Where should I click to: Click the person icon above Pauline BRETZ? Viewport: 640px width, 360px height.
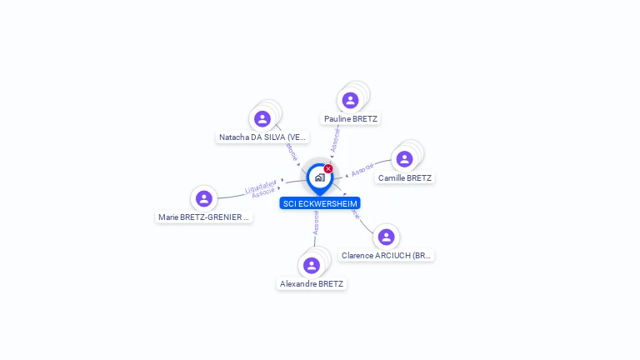tap(350, 100)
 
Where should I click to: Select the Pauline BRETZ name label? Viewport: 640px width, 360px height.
tap(351, 119)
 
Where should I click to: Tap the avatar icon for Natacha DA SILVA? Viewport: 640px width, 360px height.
tap(262, 119)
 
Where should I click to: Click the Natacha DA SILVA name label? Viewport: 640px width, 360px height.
tap(262, 137)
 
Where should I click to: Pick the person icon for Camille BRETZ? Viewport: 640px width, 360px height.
tap(404, 159)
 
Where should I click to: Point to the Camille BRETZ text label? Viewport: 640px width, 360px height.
tap(405, 178)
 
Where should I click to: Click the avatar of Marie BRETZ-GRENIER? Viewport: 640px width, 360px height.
tap(203, 198)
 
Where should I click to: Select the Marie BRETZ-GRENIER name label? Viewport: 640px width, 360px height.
tap(204, 217)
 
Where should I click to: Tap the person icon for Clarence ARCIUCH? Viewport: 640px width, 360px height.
tap(386, 237)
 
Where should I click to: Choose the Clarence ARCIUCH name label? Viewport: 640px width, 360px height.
tap(387, 256)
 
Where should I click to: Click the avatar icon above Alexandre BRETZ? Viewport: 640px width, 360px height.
tap(312, 265)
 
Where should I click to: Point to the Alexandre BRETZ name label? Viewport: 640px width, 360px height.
tap(312, 284)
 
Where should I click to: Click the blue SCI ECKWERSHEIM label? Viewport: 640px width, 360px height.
tap(320, 203)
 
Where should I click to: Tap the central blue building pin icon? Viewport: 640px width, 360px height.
tap(319, 177)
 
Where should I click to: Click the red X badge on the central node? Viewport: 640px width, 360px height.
tap(328, 169)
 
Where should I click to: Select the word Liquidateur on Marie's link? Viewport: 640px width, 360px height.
tap(262, 187)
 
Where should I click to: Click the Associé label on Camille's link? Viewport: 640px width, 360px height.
tap(362, 171)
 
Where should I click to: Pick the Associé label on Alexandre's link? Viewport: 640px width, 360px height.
tap(316, 221)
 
